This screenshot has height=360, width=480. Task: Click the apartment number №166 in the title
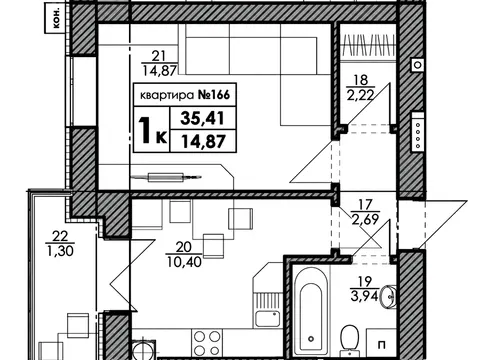[x=214, y=95]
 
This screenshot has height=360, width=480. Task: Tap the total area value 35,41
[x=202, y=118]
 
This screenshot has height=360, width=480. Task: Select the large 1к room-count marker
[x=153, y=131]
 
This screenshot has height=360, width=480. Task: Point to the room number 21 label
[x=158, y=56]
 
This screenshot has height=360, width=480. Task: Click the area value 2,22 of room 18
[x=361, y=96]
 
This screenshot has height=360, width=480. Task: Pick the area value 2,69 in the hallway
[x=365, y=220]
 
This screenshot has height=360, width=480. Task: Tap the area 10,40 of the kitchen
[x=184, y=262]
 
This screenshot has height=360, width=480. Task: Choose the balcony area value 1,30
[x=60, y=251]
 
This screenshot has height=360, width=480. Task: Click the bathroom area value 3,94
[x=364, y=296]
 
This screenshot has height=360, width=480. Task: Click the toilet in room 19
[x=349, y=338]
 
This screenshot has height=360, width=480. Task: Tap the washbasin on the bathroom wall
[x=390, y=296]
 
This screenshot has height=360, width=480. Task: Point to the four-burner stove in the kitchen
[x=207, y=343]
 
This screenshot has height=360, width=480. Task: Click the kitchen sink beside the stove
[x=267, y=319]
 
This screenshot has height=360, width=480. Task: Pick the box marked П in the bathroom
[x=381, y=343]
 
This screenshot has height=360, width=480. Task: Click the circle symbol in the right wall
[x=418, y=64]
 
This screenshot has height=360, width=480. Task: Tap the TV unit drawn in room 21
[x=166, y=177]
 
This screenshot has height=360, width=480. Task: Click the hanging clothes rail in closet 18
[x=369, y=44]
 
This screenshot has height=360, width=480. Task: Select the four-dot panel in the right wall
[x=418, y=132]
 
